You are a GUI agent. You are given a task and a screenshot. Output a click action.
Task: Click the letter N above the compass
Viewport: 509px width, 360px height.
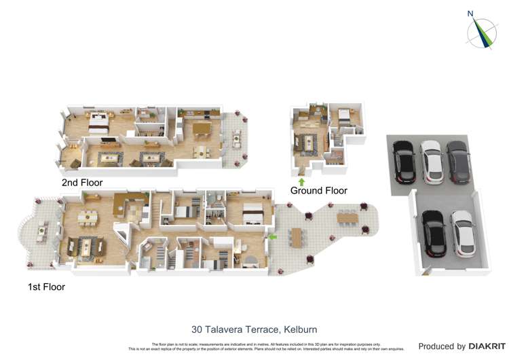click(470, 13)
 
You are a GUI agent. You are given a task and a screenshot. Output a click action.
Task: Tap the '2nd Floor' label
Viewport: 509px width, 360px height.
click(82, 183)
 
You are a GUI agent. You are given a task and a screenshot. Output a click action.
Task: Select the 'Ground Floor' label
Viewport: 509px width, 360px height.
click(318, 191)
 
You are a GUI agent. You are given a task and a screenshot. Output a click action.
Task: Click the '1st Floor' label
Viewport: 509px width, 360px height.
click(46, 287)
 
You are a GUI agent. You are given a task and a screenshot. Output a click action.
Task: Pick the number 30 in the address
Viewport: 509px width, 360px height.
click(197, 329)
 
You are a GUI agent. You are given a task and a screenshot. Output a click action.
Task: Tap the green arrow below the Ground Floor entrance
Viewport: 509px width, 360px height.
click(302, 181)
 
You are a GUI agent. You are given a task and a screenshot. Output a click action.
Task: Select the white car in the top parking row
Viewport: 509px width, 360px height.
click(431, 161)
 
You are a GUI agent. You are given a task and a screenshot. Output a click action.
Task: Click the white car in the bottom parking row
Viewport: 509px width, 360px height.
click(462, 232)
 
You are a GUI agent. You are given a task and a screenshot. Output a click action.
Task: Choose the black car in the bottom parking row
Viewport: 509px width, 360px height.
click(434, 233)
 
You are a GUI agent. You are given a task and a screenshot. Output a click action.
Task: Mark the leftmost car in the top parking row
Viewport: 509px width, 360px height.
click(403, 161)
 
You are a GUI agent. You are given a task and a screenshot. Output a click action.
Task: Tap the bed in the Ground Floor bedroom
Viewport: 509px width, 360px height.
click(343, 116)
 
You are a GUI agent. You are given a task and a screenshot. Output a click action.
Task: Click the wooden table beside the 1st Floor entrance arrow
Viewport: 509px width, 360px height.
click(297, 237)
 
